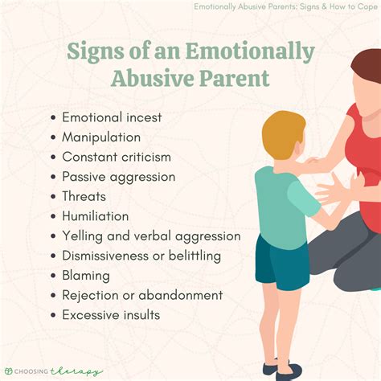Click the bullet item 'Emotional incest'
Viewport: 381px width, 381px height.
[x=112, y=117]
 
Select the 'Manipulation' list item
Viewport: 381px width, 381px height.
[x=102, y=137]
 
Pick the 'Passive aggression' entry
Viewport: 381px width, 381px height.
[x=118, y=176]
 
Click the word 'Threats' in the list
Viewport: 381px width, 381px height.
[x=84, y=196]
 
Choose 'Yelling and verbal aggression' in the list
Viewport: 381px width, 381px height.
[x=151, y=236]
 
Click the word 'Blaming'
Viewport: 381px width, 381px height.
[x=87, y=275]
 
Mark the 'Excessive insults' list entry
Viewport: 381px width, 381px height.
[x=111, y=314]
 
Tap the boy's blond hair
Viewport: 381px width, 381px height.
[x=281, y=133]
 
